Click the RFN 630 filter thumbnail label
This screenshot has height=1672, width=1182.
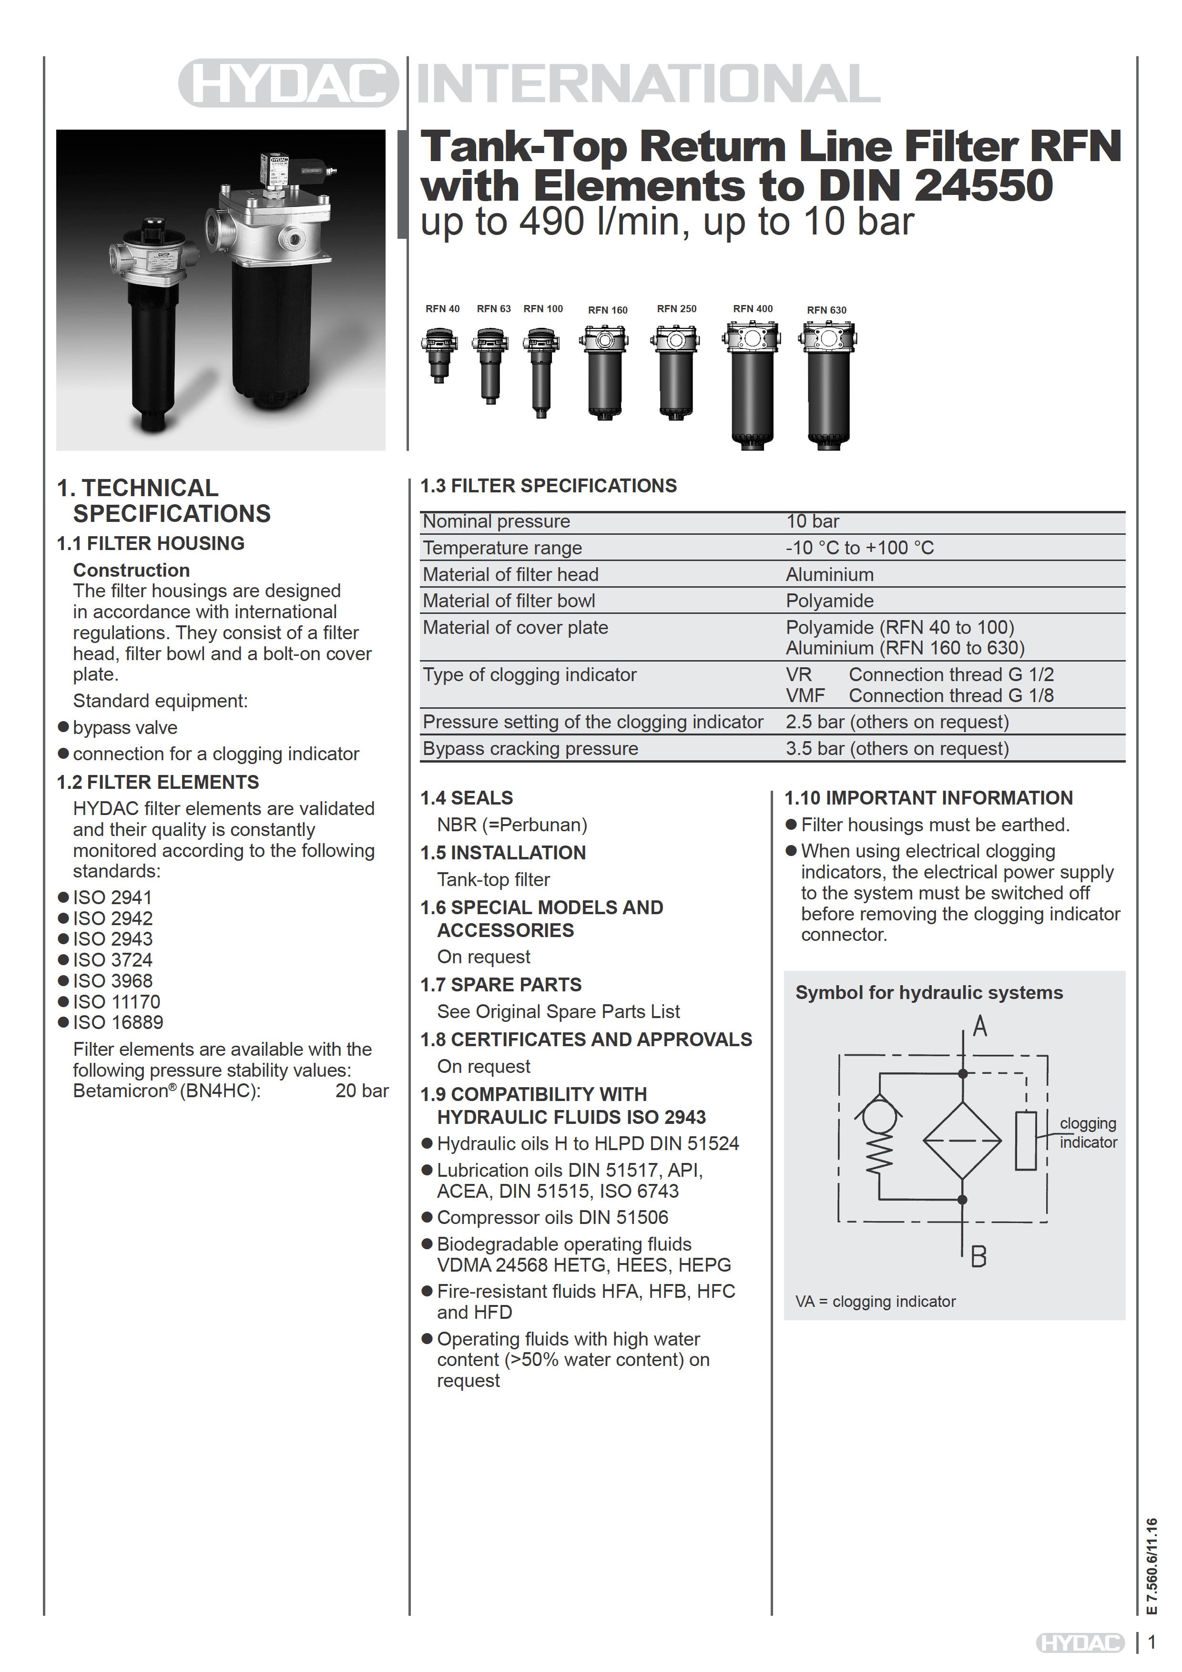coord(826,310)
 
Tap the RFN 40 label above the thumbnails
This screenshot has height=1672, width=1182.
coord(442,309)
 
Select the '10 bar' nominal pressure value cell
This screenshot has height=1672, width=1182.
coord(812,521)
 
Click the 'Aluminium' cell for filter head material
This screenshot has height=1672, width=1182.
coord(829,574)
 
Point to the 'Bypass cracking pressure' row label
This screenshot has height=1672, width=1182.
coord(530,749)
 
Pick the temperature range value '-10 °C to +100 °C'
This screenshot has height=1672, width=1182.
coord(859,548)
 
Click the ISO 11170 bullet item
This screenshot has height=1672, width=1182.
coord(116,1002)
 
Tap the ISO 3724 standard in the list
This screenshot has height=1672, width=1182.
coord(113,960)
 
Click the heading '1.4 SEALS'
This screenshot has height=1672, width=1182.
coord(466,798)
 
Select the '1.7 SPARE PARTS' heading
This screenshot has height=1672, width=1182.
coord(501,985)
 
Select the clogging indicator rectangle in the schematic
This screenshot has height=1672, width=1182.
coord(1025,1141)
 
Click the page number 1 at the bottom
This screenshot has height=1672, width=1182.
coord(1152,1642)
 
